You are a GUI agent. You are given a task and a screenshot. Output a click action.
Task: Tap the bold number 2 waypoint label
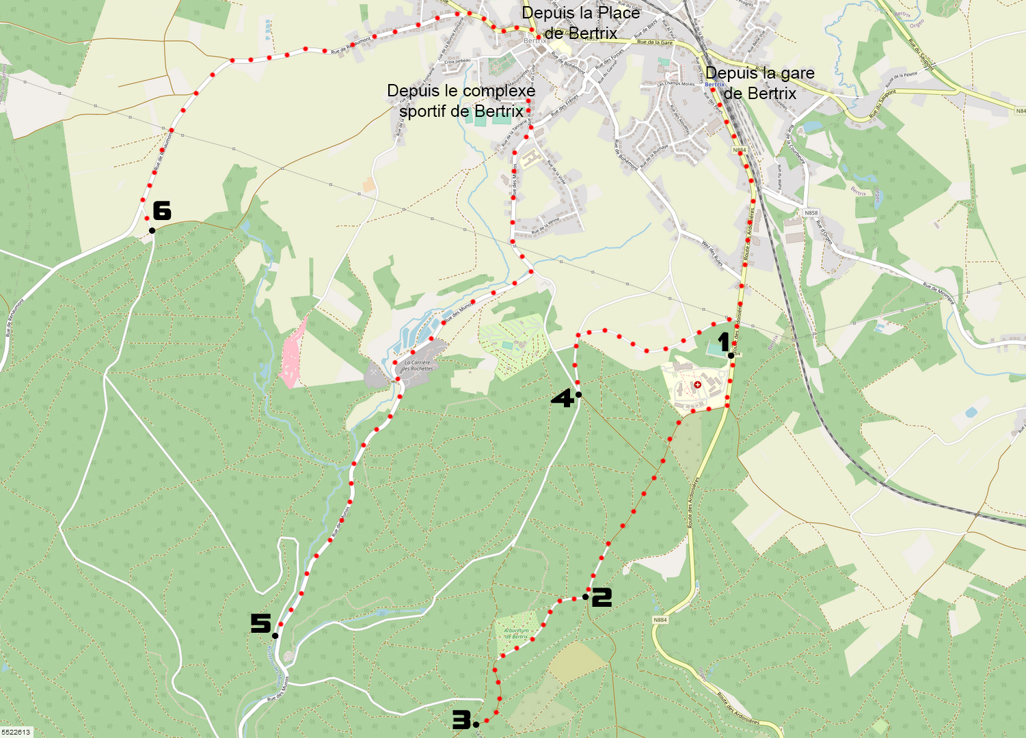[602, 597]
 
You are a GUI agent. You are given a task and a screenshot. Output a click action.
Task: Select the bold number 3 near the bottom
[462, 720]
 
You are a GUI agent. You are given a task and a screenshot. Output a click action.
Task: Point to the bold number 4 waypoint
[562, 398]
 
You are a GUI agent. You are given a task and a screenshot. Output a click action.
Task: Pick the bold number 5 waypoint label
[260, 623]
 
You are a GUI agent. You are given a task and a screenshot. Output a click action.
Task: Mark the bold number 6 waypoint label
[162, 210]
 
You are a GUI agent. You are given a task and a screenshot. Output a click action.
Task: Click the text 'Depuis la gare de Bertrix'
[759, 83]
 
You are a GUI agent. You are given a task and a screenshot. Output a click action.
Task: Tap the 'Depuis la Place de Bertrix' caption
[580, 23]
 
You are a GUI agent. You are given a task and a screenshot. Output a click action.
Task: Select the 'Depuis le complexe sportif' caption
[461, 100]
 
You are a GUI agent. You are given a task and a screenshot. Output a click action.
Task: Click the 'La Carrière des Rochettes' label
[417, 366]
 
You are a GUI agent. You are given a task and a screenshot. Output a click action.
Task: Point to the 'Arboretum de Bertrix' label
[517, 633]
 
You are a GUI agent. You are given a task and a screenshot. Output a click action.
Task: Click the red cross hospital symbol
[697, 385]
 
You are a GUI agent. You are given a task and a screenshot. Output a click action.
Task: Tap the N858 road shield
[811, 213]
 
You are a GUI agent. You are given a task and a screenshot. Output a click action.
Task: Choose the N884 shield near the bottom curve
[660, 620]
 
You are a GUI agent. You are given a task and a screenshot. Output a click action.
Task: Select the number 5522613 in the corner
[16, 732]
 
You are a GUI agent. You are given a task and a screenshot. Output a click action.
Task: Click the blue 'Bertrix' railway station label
[714, 85]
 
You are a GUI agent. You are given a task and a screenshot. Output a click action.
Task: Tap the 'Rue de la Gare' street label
[655, 42]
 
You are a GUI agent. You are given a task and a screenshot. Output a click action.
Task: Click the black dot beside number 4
[578, 394]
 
